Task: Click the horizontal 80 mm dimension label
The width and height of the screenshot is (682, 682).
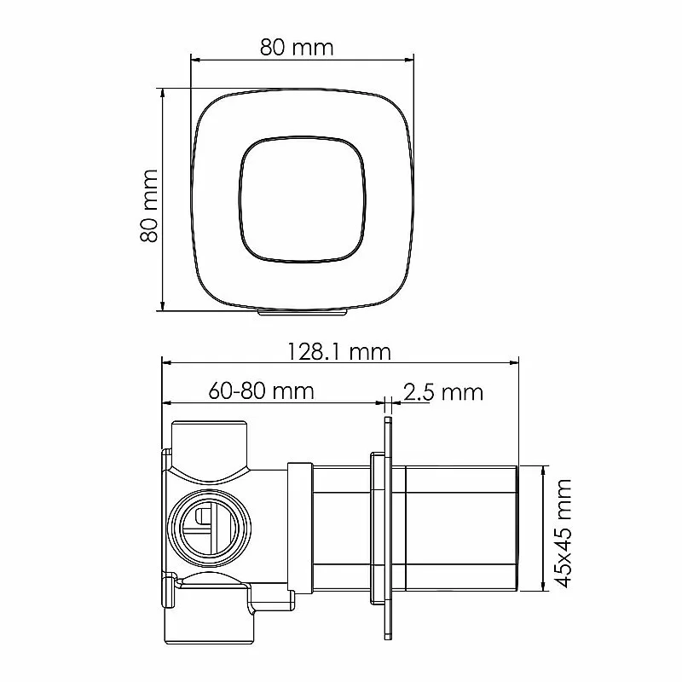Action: (x=297, y=48)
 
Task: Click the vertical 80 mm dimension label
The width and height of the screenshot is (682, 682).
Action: (x=148, y=205)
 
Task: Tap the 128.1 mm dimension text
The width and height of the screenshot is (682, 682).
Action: (x=339, y=352)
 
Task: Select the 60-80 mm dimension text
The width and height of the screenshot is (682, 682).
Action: (x=261, y=390)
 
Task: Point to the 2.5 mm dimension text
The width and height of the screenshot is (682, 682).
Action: (x=442, y=391)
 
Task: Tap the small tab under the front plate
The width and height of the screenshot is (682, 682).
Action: (x=303, y=312)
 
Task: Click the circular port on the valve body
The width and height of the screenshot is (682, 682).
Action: (x=210, y=528)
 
